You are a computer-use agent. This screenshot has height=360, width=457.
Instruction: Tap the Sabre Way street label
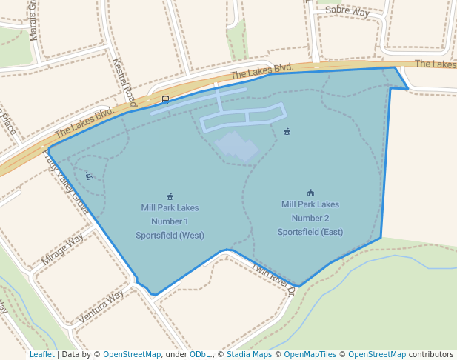(x=347, y=10)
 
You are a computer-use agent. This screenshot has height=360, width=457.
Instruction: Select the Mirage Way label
(x=63, y=250)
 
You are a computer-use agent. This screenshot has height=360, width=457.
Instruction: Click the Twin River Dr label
(x=273, y=279)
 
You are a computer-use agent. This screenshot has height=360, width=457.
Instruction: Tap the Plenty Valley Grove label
(x=67, y=181)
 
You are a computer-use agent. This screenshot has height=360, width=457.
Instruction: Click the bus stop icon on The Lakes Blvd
(x=165, y=99)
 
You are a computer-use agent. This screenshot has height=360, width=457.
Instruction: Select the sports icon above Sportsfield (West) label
(x=170, y=196)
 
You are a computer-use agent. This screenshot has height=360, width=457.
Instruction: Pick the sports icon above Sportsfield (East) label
(x=310, y=193)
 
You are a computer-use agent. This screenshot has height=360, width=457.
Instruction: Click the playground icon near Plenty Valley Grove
(x=89, y=176)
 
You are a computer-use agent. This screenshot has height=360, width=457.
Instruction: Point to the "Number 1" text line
(x=170, y=221)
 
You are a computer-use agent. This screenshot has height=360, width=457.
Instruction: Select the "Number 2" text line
(x=310, y=218)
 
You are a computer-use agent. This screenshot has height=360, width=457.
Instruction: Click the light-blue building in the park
(x=236, y=145)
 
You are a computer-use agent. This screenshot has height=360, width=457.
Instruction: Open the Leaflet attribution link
(x=41, y=354)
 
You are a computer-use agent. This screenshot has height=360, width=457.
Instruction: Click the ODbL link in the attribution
(x=200, y=354)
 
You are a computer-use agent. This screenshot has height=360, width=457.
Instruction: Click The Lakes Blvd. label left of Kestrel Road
(x=83, y=124)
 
